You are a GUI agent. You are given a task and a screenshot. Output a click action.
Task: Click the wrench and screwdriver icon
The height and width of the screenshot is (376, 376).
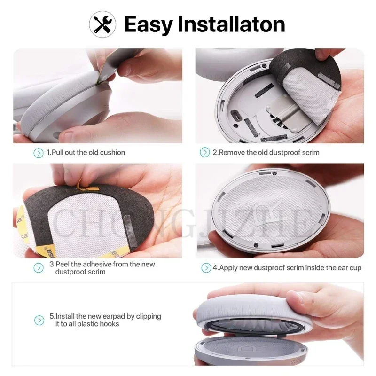point(102,23)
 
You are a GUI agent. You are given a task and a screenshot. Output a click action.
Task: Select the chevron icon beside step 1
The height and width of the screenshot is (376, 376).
point(38,152)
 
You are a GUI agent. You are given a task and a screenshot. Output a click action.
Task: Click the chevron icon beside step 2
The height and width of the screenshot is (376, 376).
point(205,152)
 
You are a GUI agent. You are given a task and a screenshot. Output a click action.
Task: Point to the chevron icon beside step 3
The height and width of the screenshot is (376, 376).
point(38,268)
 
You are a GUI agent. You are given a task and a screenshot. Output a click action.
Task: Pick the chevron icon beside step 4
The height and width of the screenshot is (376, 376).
point(206,268)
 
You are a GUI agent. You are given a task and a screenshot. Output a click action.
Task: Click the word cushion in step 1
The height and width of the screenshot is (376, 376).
point(112,153)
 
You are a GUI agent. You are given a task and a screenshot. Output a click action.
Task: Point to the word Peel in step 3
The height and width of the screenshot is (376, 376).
point(64,264)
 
